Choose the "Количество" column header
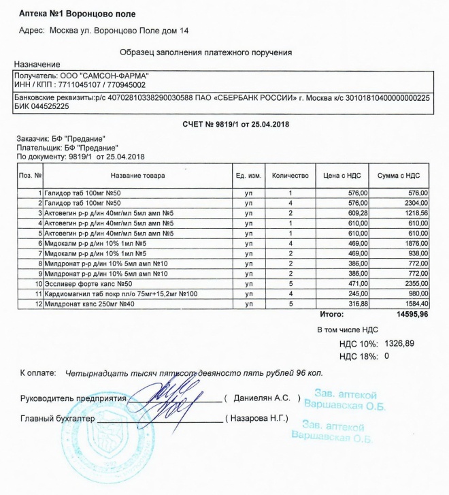[x=290, y=176]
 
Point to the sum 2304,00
[x=413, y=203]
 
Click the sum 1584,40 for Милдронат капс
[x=413, y=303]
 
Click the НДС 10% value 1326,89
[x=399, y=343]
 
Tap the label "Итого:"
[x=332, y=315]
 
